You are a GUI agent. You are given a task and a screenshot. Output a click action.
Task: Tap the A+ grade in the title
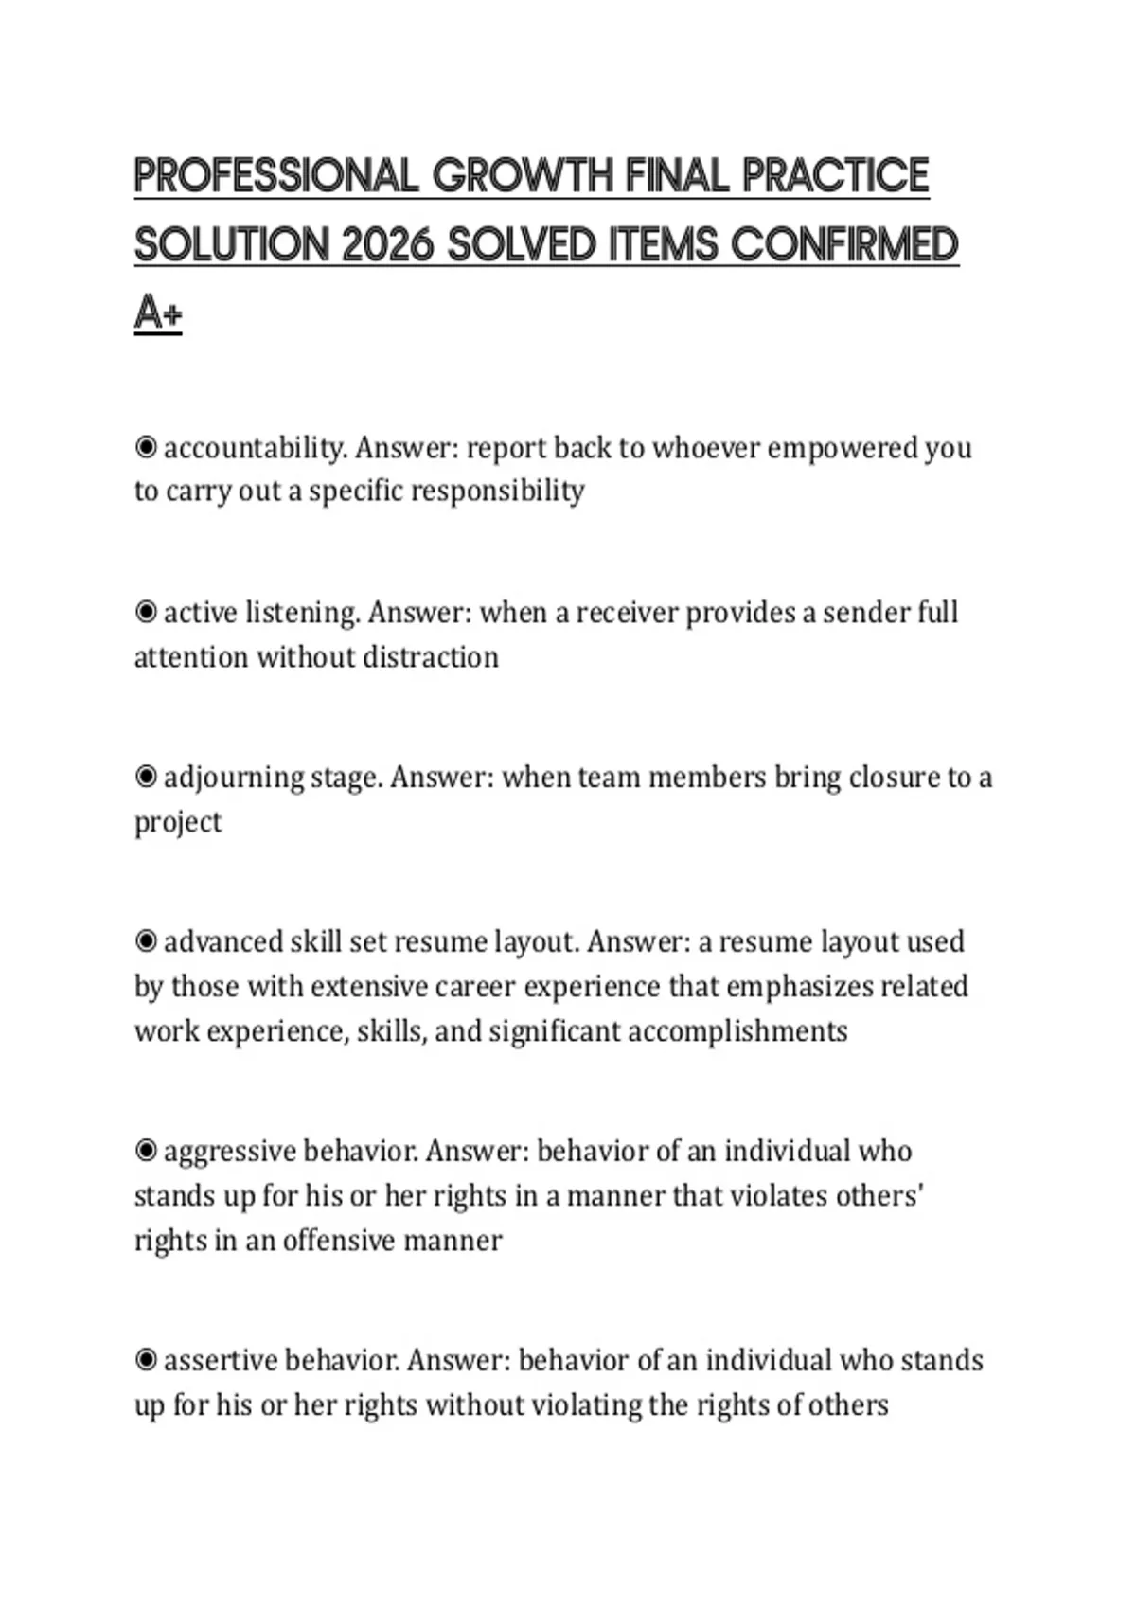[157, 313]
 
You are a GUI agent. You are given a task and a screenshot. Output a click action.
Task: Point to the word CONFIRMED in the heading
[845, 245]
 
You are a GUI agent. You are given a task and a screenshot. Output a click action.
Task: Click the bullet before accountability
[146, 446]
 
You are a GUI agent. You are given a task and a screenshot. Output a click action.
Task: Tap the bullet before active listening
[146, 612]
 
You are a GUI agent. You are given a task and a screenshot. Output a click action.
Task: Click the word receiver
[627, 613]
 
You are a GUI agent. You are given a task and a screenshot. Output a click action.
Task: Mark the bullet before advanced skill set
[146, 941]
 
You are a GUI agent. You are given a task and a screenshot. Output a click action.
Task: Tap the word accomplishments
[737, 1030]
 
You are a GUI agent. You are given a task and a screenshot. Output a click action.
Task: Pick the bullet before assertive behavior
[146, 1360]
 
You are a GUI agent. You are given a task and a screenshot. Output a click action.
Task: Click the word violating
[585, 1404]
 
